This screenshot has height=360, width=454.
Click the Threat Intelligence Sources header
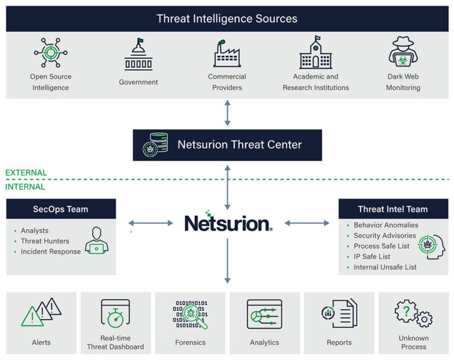(x=227, y=18)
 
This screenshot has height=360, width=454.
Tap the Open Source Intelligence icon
(x=50, y=54)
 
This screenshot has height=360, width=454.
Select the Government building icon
(x=138, y=55)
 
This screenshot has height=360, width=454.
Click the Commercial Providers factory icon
(x=227, y=54)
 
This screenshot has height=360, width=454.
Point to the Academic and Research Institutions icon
(x=316, y=54)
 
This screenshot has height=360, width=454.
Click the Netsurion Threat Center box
(x=227, y=145)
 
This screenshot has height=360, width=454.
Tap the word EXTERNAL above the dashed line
(x=26, y=173)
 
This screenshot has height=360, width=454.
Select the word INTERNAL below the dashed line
(x=25, y=187)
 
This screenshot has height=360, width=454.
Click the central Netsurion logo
(x=228, y=222)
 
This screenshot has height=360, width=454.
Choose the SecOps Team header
(x=61, y=209)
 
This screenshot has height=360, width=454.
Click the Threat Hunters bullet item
(x=45, y=241)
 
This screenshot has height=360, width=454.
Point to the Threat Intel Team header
(x=393, y=209)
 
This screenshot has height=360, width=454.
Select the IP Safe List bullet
(x=372, y=257)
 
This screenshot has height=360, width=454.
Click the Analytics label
(x=264, y=342)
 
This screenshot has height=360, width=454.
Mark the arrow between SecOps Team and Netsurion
(x=150, y=223)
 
